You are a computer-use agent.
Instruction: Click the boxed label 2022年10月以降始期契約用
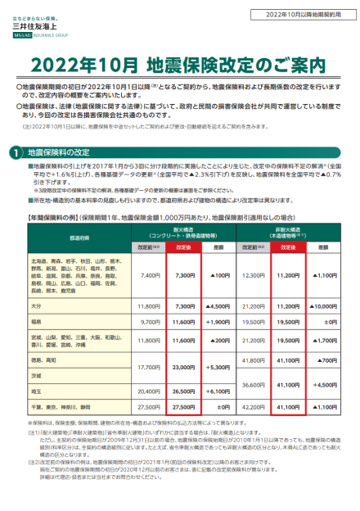tap(310, 15)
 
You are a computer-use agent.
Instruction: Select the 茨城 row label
tap(35, 375)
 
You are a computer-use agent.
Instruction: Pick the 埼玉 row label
tap(35, 391)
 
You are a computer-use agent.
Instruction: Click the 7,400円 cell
tap(151, 276)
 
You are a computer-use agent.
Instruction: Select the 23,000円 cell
tap(186, 368)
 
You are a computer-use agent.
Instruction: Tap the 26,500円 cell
tap(186, 391)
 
